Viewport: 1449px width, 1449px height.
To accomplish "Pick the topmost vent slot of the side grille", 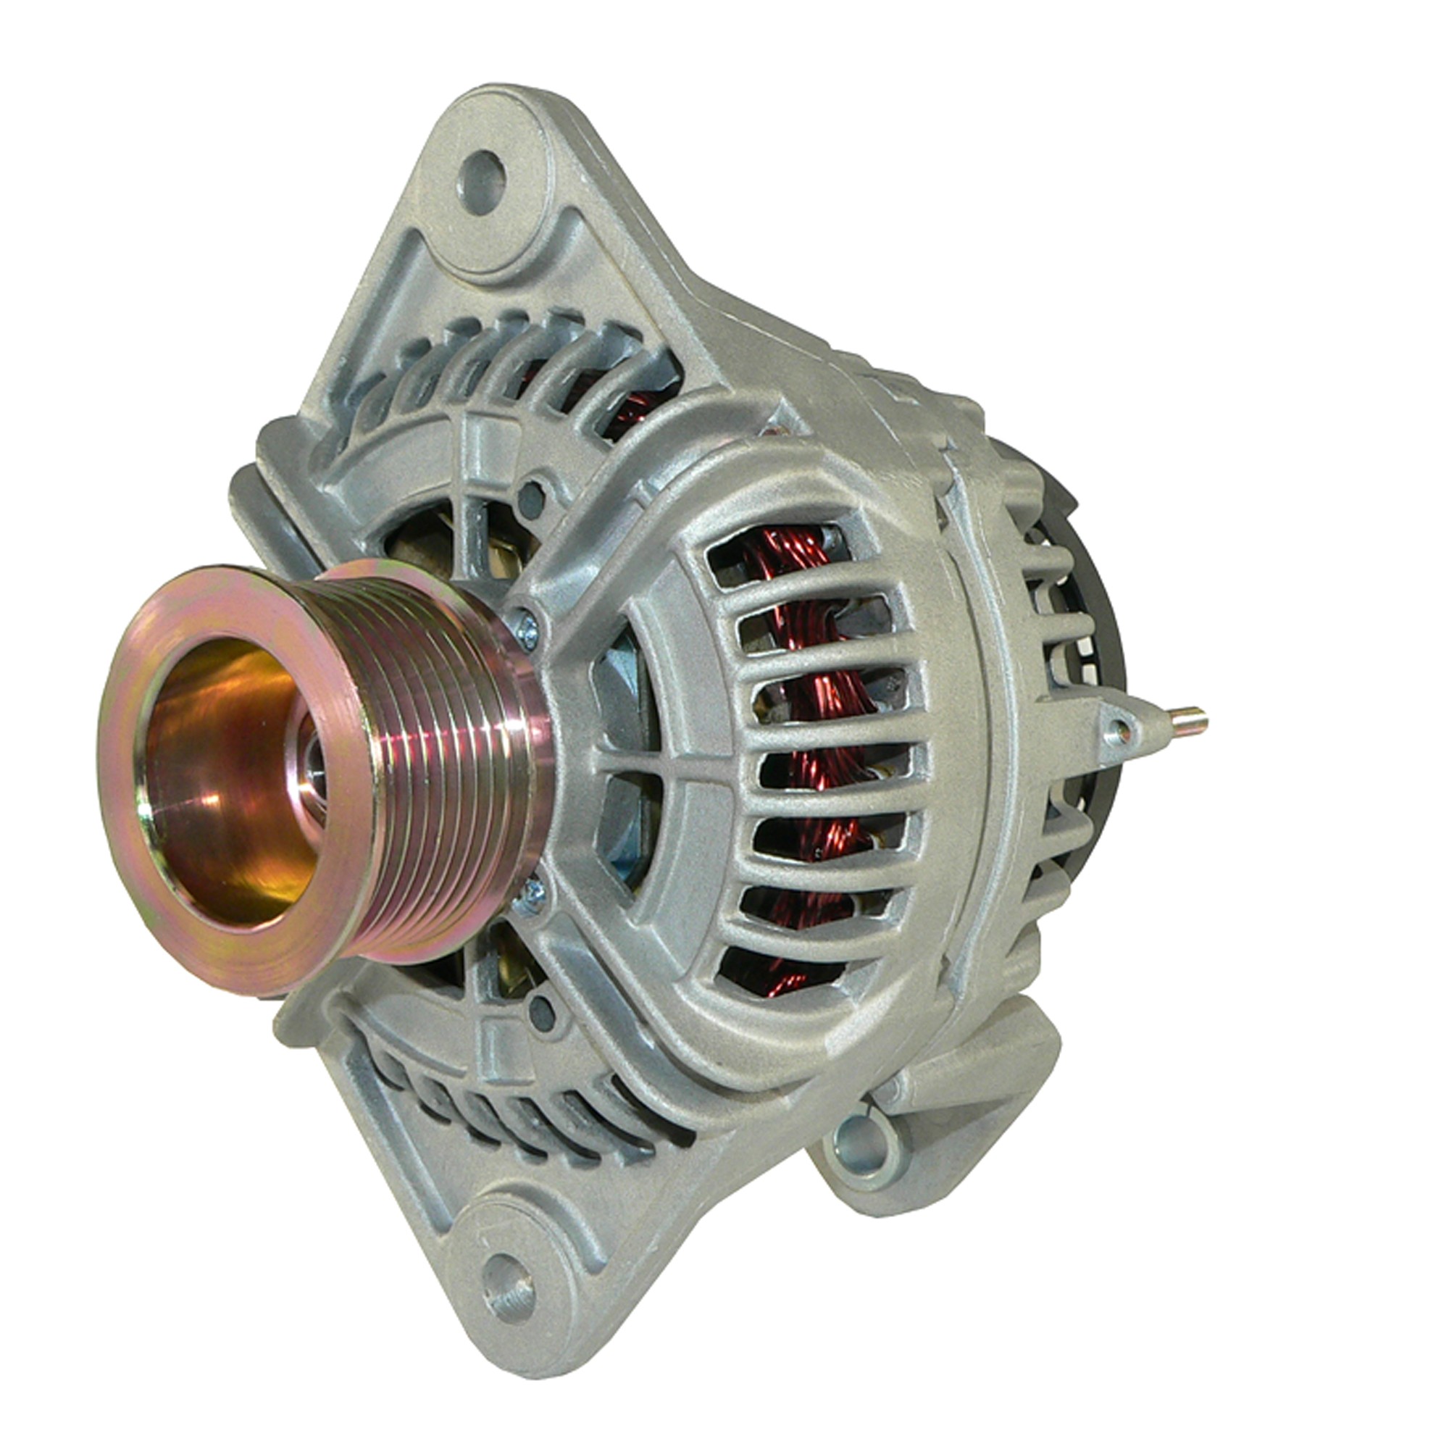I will (x=780, y=551).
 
